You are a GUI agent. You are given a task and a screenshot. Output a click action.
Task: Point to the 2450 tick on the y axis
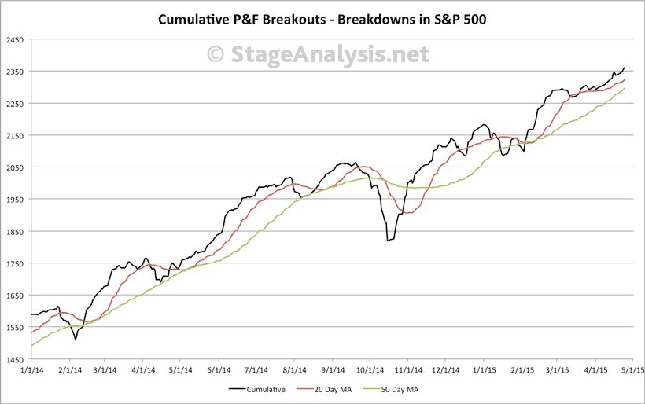tap(15, 39)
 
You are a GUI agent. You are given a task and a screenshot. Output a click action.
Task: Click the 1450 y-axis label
tap(15, 359)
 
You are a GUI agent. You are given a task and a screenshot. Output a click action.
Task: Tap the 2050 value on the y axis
tap(15, 167)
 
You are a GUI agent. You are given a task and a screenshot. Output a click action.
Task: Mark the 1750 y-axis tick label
tap(15, 263)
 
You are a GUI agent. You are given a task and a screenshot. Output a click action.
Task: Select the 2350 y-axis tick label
tap(15, 72)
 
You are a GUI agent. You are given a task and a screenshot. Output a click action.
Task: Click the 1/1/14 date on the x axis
tap(31, 368)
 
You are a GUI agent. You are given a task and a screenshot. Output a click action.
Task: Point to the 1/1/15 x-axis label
tap(482, 368)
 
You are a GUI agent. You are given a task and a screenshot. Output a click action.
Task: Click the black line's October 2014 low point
tap(388, 241)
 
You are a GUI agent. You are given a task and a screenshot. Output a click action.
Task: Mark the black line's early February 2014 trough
tap(76, 339)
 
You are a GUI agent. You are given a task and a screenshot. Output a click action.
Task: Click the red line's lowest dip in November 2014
tap(408, 213)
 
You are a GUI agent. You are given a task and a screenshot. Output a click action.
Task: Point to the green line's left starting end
tap(31, 346)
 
